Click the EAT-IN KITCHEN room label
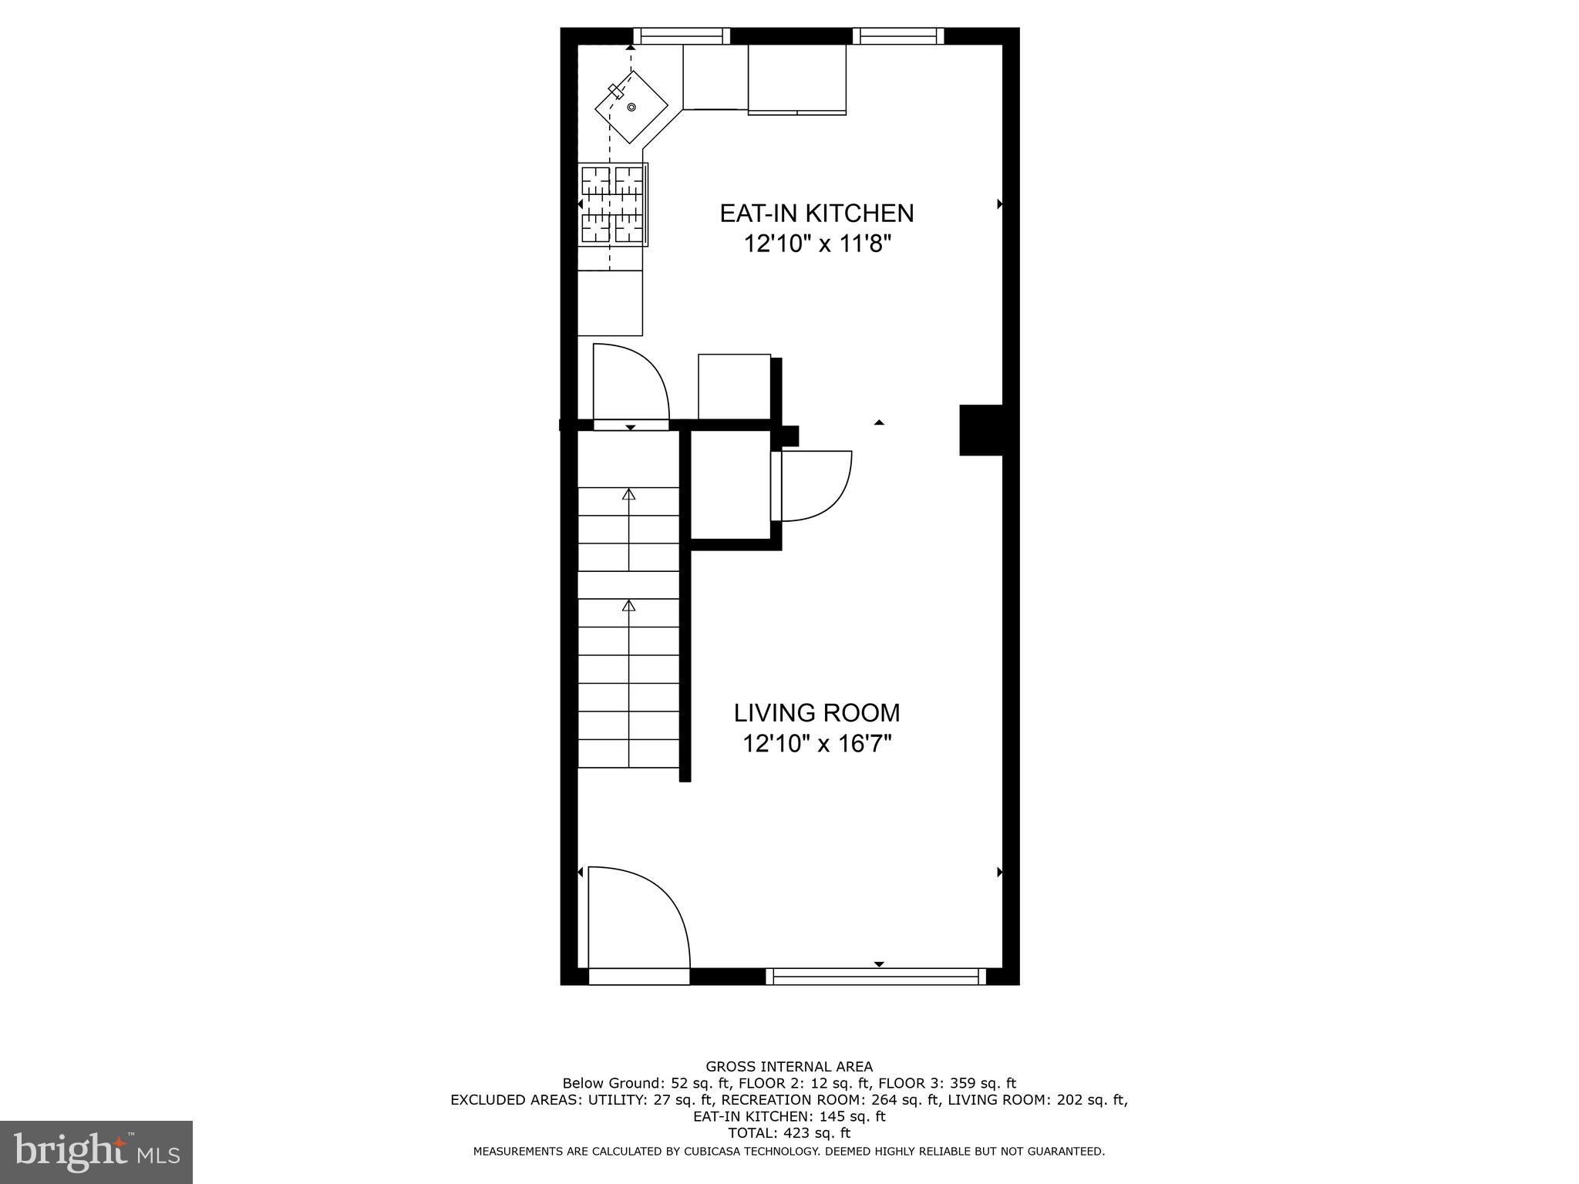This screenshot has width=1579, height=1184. point(816,214)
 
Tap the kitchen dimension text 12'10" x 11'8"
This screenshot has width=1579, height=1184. point(816,244)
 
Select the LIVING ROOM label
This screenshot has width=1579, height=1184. point(816,713)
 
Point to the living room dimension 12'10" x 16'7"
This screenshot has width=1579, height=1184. point(816,744)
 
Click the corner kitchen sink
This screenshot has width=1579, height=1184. point(631,107)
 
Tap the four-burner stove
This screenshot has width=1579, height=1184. point(613,204)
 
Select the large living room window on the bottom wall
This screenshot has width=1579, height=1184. point(876,977)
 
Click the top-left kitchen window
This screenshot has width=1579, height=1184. point(682,35)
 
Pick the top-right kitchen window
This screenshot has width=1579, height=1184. point(898,35)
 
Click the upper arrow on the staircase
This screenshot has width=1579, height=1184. point(629,495)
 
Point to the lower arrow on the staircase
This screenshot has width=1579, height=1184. point(629,607)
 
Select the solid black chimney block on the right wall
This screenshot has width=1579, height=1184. point(981,430)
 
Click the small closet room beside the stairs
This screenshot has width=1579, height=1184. point(729,484)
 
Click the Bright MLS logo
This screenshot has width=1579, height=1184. point(96,1152)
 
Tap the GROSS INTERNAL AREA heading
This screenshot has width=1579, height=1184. point(789,1067)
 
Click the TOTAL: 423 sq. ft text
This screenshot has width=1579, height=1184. point(789,1133)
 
